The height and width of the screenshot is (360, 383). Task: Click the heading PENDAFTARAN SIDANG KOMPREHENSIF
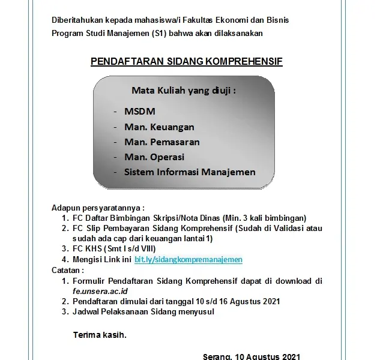186,62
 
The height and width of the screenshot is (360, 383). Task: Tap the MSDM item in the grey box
139,112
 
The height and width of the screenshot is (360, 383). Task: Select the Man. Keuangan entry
159,127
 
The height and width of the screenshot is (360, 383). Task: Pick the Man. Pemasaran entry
162,142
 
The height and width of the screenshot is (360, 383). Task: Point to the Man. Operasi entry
154,157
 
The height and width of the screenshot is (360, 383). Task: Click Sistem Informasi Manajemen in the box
190,172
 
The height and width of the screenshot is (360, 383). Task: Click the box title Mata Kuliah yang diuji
183,91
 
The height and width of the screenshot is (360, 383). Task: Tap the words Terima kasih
100,335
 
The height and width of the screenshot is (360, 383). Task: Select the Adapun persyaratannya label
98,207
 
